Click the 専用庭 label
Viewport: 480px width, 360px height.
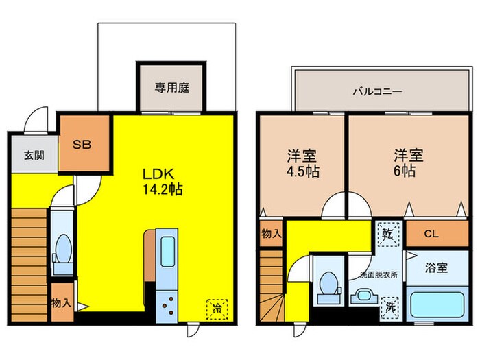tap(171, 87)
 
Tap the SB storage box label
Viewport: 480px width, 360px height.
tap(84, 145)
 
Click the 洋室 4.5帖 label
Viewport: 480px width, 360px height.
tap(302, 162)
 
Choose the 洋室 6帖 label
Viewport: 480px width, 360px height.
tap(403, 162)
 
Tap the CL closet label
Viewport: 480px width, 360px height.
tap(431, 234)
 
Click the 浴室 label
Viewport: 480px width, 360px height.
tap(436, 268)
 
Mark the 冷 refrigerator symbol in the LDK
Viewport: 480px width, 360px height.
tap(216, 308)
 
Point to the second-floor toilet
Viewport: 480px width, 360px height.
tap(328, 285)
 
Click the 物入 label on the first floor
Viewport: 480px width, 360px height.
tap(60, 302)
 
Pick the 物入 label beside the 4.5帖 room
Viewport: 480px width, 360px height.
tap(271, 234)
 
